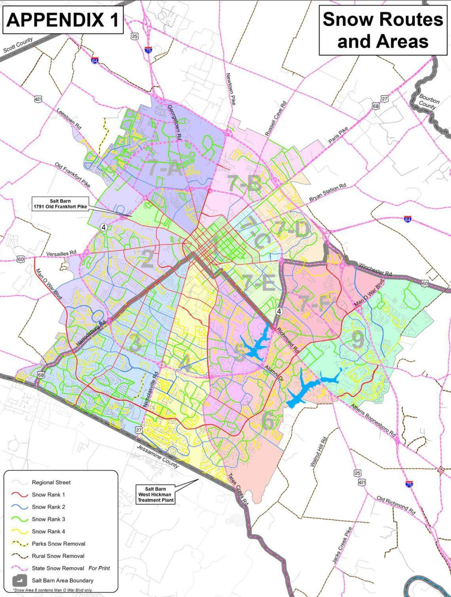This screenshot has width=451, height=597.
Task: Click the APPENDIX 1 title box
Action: pyautogui.click(x=63, y=20)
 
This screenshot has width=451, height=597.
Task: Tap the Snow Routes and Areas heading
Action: pyautogui.click(x=383, y=30)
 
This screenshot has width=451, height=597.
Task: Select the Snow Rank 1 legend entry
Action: pyautogui.click(x=48, y=494)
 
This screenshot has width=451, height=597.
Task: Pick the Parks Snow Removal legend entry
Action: pyautogui.click(x=58, y=544)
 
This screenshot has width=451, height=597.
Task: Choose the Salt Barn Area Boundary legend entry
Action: pyautogui.click(x=63, y=580)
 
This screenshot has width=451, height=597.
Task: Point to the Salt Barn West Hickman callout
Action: pyautogui.click(x=155, y=494)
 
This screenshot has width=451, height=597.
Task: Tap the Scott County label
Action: pyautogui.click(x=18, y=45)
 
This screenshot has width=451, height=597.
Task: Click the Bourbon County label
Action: pyautogui.click(x=428, y=101)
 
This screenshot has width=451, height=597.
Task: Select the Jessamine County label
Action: pyautogui.click(x=158, y=456)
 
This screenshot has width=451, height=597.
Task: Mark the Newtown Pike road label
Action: pyautogui.click(x=231, y=89)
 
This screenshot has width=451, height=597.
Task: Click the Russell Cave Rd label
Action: pyautogui.click(x=275, y=118)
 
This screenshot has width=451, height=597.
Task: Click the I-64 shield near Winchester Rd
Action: pyautogui.click(x=407, y=219)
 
